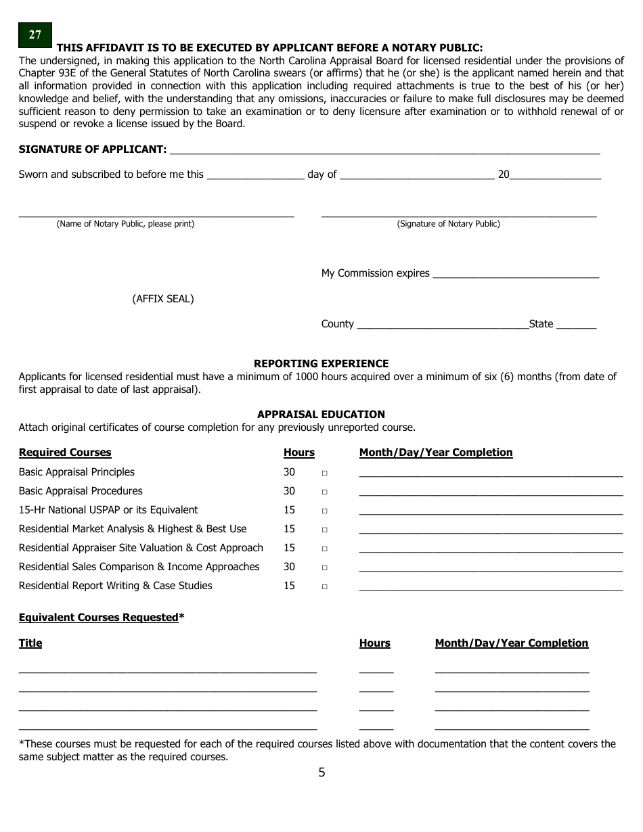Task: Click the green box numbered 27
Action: [35, 35]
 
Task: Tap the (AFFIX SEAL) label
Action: [162, 299]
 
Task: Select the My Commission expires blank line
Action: [515, 276]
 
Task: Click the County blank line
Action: [442, 327]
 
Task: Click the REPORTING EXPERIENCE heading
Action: [321, 363]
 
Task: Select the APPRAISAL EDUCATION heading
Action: [321, 414]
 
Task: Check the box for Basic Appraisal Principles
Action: [324, 473]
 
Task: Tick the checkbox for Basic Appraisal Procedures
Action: [324, 492]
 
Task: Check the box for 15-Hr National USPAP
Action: [324, 511]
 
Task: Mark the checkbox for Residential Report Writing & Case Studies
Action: [324, 586]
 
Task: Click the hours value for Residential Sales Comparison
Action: [289, 567]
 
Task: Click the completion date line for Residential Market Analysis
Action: [490, 532]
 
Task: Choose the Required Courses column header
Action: [65, 453]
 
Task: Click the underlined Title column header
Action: [30, 643]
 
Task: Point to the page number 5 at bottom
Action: [321, 772]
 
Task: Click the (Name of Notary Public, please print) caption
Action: [125, 224]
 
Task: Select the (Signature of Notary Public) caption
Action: [448, 224]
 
